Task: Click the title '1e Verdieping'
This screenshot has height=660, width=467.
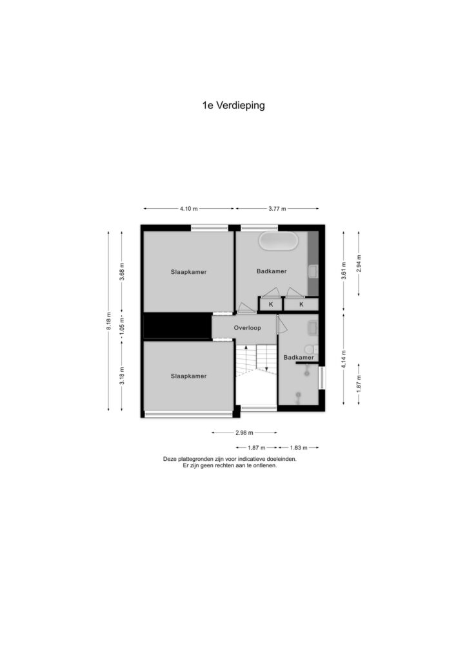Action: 234,105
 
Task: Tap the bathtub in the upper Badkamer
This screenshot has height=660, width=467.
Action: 279,241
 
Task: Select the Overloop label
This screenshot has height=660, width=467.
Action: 247,328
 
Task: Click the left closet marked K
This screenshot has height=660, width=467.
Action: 271,304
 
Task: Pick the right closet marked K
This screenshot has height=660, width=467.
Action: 301,304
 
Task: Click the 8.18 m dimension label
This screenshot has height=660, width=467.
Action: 108,321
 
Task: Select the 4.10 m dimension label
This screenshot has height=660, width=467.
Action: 188,208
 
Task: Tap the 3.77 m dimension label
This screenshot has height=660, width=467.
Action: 277,208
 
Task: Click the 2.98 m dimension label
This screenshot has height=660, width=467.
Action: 244,432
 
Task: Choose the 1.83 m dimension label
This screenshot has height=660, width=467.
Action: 299,448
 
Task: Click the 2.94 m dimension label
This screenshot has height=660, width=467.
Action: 359,264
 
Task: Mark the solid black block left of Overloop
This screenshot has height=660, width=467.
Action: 177,325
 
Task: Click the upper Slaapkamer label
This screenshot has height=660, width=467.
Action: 188,272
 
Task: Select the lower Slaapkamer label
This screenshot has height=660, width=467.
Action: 188,376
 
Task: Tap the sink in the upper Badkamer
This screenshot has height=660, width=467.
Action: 313,271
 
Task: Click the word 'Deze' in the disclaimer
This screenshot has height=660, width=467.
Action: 170,459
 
